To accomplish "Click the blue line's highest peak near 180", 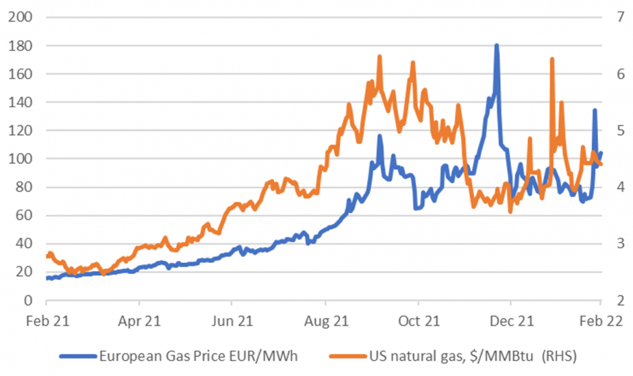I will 496,46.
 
